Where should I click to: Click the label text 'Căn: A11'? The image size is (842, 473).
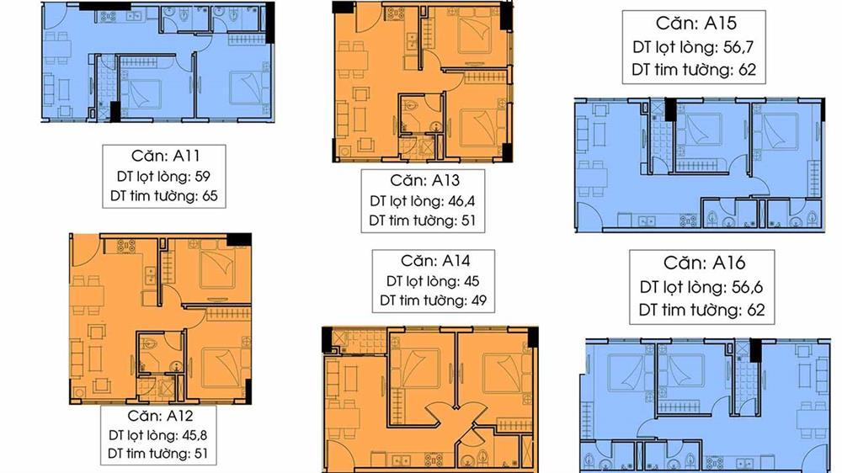165,156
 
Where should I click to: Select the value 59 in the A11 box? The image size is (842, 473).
202,176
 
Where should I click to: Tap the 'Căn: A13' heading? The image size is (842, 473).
424,180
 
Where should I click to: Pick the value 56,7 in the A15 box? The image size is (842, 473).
738,47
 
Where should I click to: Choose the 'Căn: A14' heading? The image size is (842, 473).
435,261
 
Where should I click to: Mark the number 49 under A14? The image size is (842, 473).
478,300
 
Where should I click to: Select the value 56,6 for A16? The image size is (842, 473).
747,287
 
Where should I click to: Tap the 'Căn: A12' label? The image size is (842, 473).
160,416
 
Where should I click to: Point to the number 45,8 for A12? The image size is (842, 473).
195,435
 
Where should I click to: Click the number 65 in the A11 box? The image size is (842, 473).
210,195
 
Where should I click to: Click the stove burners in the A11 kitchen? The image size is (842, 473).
108,17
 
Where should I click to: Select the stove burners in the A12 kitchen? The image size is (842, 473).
126,246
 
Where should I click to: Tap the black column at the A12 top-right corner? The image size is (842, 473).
239,240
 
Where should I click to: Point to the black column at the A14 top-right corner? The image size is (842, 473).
533,337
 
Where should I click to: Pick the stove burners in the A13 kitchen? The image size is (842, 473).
397,13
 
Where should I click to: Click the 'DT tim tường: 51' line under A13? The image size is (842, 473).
423,221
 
